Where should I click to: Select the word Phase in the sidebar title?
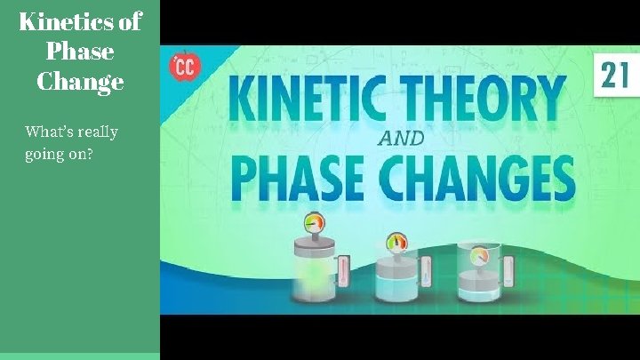click(80, 52)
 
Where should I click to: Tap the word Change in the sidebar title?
click(80, 82)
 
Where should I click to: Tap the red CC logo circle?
click(185, 67)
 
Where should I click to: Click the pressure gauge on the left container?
click(313, 225)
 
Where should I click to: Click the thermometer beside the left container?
click(343, 276)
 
